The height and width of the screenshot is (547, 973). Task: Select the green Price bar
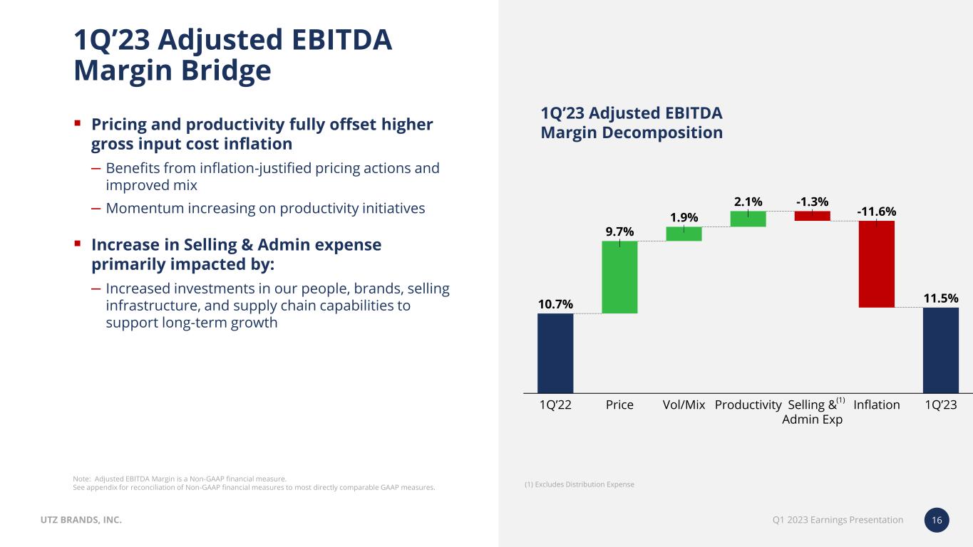point(619,277)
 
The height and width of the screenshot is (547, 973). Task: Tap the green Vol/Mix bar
point(684,234)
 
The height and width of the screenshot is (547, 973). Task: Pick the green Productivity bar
point(748,219)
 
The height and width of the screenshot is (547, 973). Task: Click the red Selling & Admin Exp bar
point(812,216)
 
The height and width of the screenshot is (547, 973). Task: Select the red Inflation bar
point(876,264)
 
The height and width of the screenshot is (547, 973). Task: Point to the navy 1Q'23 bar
point(940,350)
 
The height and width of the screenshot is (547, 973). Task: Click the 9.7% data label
point(619,231)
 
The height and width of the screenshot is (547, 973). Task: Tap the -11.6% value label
point(876,212)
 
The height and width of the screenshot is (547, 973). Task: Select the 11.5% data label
point(940,298)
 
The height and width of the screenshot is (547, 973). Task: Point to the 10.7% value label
point(555,304)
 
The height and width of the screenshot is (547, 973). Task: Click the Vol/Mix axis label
point(684,405)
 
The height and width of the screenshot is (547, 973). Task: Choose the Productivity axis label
point(748,405)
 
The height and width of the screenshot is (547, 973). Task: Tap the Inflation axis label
point(876,405)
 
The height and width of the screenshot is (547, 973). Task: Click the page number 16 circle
point(937,521)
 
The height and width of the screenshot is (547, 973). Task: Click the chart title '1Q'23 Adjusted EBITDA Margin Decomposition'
point(632,123)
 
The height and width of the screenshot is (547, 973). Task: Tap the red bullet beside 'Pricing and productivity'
point(78,123)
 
